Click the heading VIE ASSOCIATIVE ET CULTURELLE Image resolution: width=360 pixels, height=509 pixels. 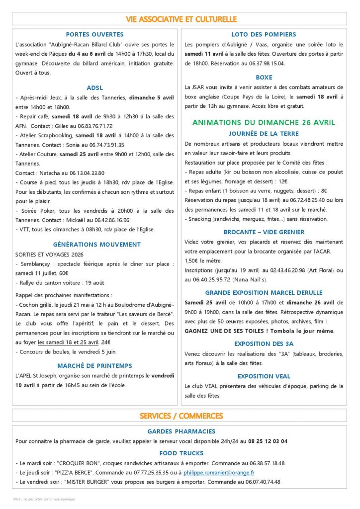point(181,19)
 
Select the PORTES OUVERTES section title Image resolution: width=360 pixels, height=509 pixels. point(95,34)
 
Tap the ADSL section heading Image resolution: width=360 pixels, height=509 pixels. point(95,87)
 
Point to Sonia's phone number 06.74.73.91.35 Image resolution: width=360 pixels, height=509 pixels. point(104,145)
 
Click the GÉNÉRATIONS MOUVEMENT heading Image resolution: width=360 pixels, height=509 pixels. point(96,244)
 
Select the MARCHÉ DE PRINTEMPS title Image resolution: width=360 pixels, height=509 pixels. point(95,366)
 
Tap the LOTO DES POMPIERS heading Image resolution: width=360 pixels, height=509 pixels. point(264,34)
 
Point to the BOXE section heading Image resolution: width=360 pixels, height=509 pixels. point(264,78)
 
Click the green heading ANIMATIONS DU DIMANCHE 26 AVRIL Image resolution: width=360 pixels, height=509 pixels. point(264,122)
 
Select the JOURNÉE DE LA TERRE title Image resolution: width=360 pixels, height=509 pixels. point(264,133)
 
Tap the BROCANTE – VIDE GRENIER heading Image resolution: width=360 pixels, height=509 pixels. point(264,232)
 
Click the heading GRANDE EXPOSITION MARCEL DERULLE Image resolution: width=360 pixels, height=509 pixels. point(264,292)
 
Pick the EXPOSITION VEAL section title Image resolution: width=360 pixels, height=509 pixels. point(264,376)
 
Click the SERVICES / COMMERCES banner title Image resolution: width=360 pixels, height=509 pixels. point(181,416)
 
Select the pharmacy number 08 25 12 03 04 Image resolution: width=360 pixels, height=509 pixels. point(262,441)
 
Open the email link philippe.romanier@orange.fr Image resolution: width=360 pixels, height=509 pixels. point(219,472)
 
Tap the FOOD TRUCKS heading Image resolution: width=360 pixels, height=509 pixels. point(181,453)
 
